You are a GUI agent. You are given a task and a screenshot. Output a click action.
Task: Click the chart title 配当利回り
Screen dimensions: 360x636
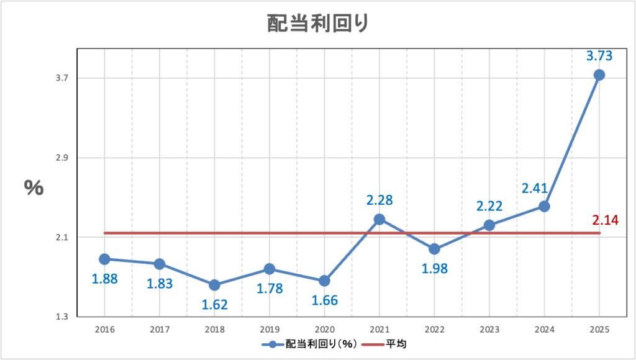(317, 23)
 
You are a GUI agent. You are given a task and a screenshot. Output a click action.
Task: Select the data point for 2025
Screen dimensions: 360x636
(599, 75)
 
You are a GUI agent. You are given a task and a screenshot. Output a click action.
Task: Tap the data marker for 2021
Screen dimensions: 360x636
(379, 219)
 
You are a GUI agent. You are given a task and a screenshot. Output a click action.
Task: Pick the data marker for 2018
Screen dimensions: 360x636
(214, 285)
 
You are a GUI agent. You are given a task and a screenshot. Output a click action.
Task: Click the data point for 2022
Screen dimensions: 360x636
(434, 249)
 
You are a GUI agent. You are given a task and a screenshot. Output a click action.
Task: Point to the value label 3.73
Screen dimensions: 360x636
(599, 56)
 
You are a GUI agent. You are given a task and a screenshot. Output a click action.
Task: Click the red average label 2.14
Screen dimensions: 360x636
(605, 220)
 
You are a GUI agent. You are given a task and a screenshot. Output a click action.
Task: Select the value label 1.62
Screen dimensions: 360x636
(214, 304)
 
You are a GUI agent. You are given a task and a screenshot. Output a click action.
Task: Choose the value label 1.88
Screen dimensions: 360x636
(105, 279)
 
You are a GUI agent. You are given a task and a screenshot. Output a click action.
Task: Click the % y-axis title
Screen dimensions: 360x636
(34, 187)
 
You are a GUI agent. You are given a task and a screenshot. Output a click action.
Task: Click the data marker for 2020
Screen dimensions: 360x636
(324, 281)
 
